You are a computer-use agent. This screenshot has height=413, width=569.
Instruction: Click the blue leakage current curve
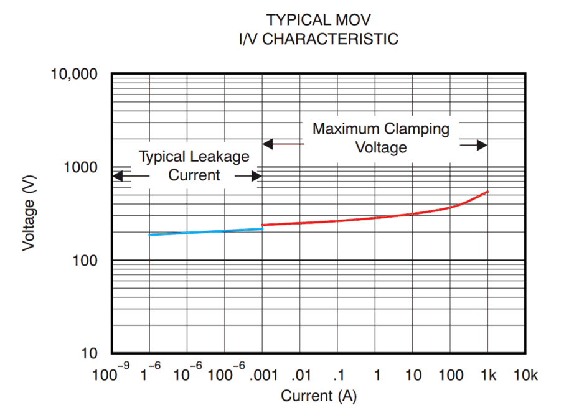[x=205, y=232]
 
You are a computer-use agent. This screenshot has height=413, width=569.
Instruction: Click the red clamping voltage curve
[x=374, y=218]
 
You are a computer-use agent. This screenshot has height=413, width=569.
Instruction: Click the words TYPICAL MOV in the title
[x=319, y=19]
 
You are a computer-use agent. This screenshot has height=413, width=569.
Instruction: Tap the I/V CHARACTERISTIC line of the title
[x=319, y=39]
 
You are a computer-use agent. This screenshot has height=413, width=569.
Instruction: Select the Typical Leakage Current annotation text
[x=194, y=165]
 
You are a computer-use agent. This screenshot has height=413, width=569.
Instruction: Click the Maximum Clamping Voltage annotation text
[x=381, y=138]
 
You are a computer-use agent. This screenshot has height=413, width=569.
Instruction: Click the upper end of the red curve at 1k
[x=487, y=192]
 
